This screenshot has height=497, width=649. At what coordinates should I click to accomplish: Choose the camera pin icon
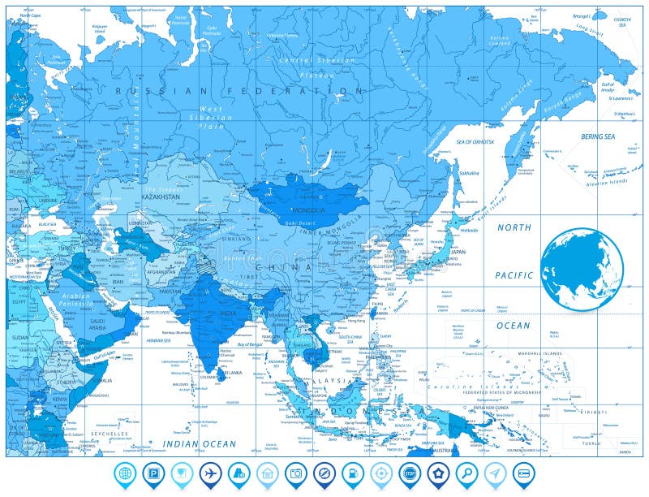(296, 473)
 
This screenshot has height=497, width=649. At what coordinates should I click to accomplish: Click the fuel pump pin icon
(353, 473)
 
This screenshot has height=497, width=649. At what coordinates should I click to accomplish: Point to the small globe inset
(582, 269)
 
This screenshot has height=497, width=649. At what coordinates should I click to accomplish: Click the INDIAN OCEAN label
(199, 444)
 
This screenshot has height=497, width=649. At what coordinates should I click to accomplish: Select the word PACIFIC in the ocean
(514, 275)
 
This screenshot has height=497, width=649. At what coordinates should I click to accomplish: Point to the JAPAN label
(458, 252)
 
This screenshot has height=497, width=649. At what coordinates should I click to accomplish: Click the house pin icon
(268, 473)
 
